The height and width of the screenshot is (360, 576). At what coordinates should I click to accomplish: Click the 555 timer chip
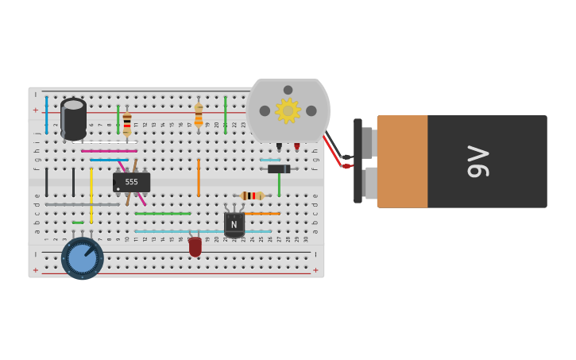pyautogui.click(x=132, y=183)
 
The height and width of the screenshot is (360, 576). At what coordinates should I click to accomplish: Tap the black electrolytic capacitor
pyautogui.click(x=73, y=118)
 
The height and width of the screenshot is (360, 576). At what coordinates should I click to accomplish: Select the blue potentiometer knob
pyautogui.click(x=83, y=258)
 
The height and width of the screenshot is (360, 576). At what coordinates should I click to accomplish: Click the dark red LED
pyautogui.click(x=195, y=246)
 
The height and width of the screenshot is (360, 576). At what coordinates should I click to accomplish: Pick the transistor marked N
pyautogui.click(x=234, y=224)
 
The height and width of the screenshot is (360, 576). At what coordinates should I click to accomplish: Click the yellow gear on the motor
pyautogui.click(x=288, y=111)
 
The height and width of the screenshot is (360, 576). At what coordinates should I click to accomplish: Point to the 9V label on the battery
pyautogui.click(x=477, y=161)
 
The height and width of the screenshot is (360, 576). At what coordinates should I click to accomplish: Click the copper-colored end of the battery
pyautogui.click(x=402, y=161)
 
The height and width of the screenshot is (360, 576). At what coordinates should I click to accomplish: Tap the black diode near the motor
pyautogui.click(x=279, y=168)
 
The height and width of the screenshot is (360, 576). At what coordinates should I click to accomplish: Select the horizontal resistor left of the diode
pyautogui.click(x=253, y=195)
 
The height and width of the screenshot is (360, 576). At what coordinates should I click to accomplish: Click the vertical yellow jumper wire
pyautogui.click(x=91, y=195)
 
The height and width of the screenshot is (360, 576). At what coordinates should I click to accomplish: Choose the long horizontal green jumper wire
pyautogui.click(x=163, y=213)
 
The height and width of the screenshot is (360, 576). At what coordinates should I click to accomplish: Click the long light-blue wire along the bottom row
pyautogui.click(x=203, y=231)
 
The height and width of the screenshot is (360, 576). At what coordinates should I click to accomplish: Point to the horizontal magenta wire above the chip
pyautogui.click(x=109, y=151)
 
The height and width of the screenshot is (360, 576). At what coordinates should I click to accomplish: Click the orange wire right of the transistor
pyautogui.click(x=262, y=213)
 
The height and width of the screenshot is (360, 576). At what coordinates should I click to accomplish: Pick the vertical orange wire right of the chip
pyautogui.click(x=199, y=177)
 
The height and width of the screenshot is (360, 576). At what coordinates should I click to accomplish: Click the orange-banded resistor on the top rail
pyautogui.click(x=199, y=114)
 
